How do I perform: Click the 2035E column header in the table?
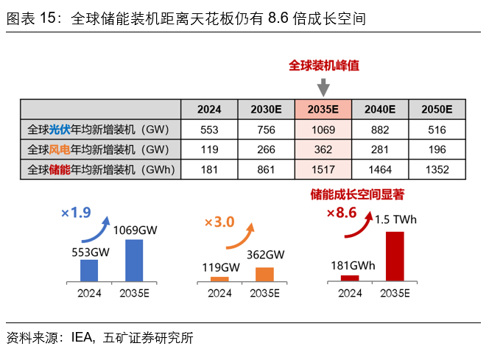click(323, 109)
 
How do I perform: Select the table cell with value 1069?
click(323, 130)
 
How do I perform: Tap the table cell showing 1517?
click(323, 169)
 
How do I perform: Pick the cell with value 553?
click(209, 130)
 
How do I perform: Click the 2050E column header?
click(437, 109)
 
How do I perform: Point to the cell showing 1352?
click(437, 169)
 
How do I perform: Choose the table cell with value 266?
click(266, 149)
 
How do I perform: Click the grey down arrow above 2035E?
click(323, 87)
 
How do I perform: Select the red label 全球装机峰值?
click(323, 66)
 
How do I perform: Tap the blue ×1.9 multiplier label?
click(76, 213)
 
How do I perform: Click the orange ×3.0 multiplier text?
click(219, 222)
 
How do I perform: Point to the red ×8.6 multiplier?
click(341, 213)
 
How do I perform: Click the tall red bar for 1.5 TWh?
click(395, 255)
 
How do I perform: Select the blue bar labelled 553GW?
click(88, 269)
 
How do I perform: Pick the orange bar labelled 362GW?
click(264, 273)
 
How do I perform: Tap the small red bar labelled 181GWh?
click(350, 278)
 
